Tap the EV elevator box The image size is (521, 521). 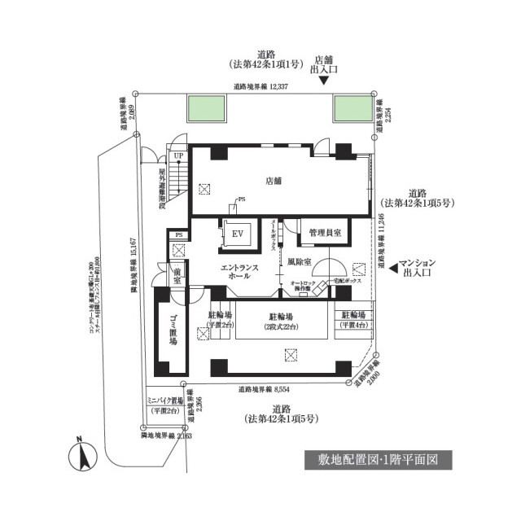(x=239, y=234)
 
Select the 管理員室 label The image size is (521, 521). (x=324, y=234)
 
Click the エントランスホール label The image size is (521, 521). (x=240, y=271)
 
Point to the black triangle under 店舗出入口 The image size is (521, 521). (x=323, y=80)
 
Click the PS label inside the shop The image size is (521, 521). (x=241, y=199)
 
